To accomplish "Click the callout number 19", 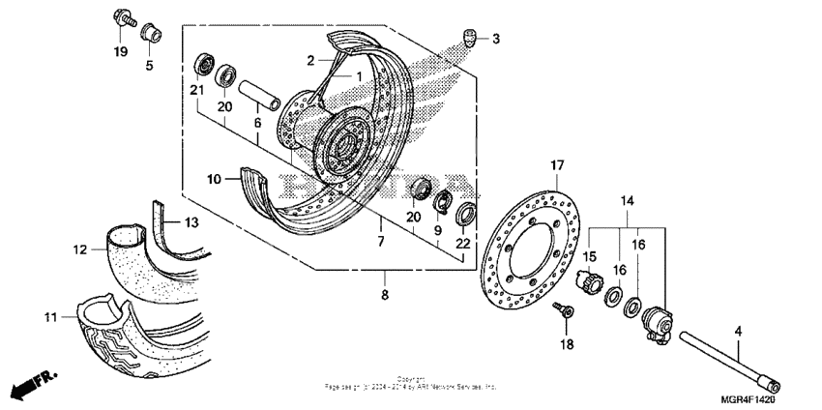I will pyautogui.click(x=120, y=51).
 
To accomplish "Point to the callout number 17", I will pyautogui.click(x=557, y=166).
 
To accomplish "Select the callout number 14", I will pyautogui.click(x=628, y=202).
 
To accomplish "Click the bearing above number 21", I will pyautogui.click(x=205, y=65).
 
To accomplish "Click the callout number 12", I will pyautogui.click(x=80, y=249).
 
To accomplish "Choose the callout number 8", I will pyautogui.click(x=384, y=294).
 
